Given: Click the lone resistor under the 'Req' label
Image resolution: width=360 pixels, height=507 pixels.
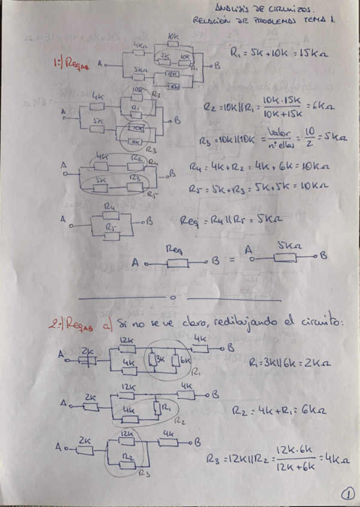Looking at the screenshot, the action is tap(179, 262).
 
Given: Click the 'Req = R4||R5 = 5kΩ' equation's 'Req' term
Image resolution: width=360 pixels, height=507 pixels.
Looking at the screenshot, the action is tap(190, 221).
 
